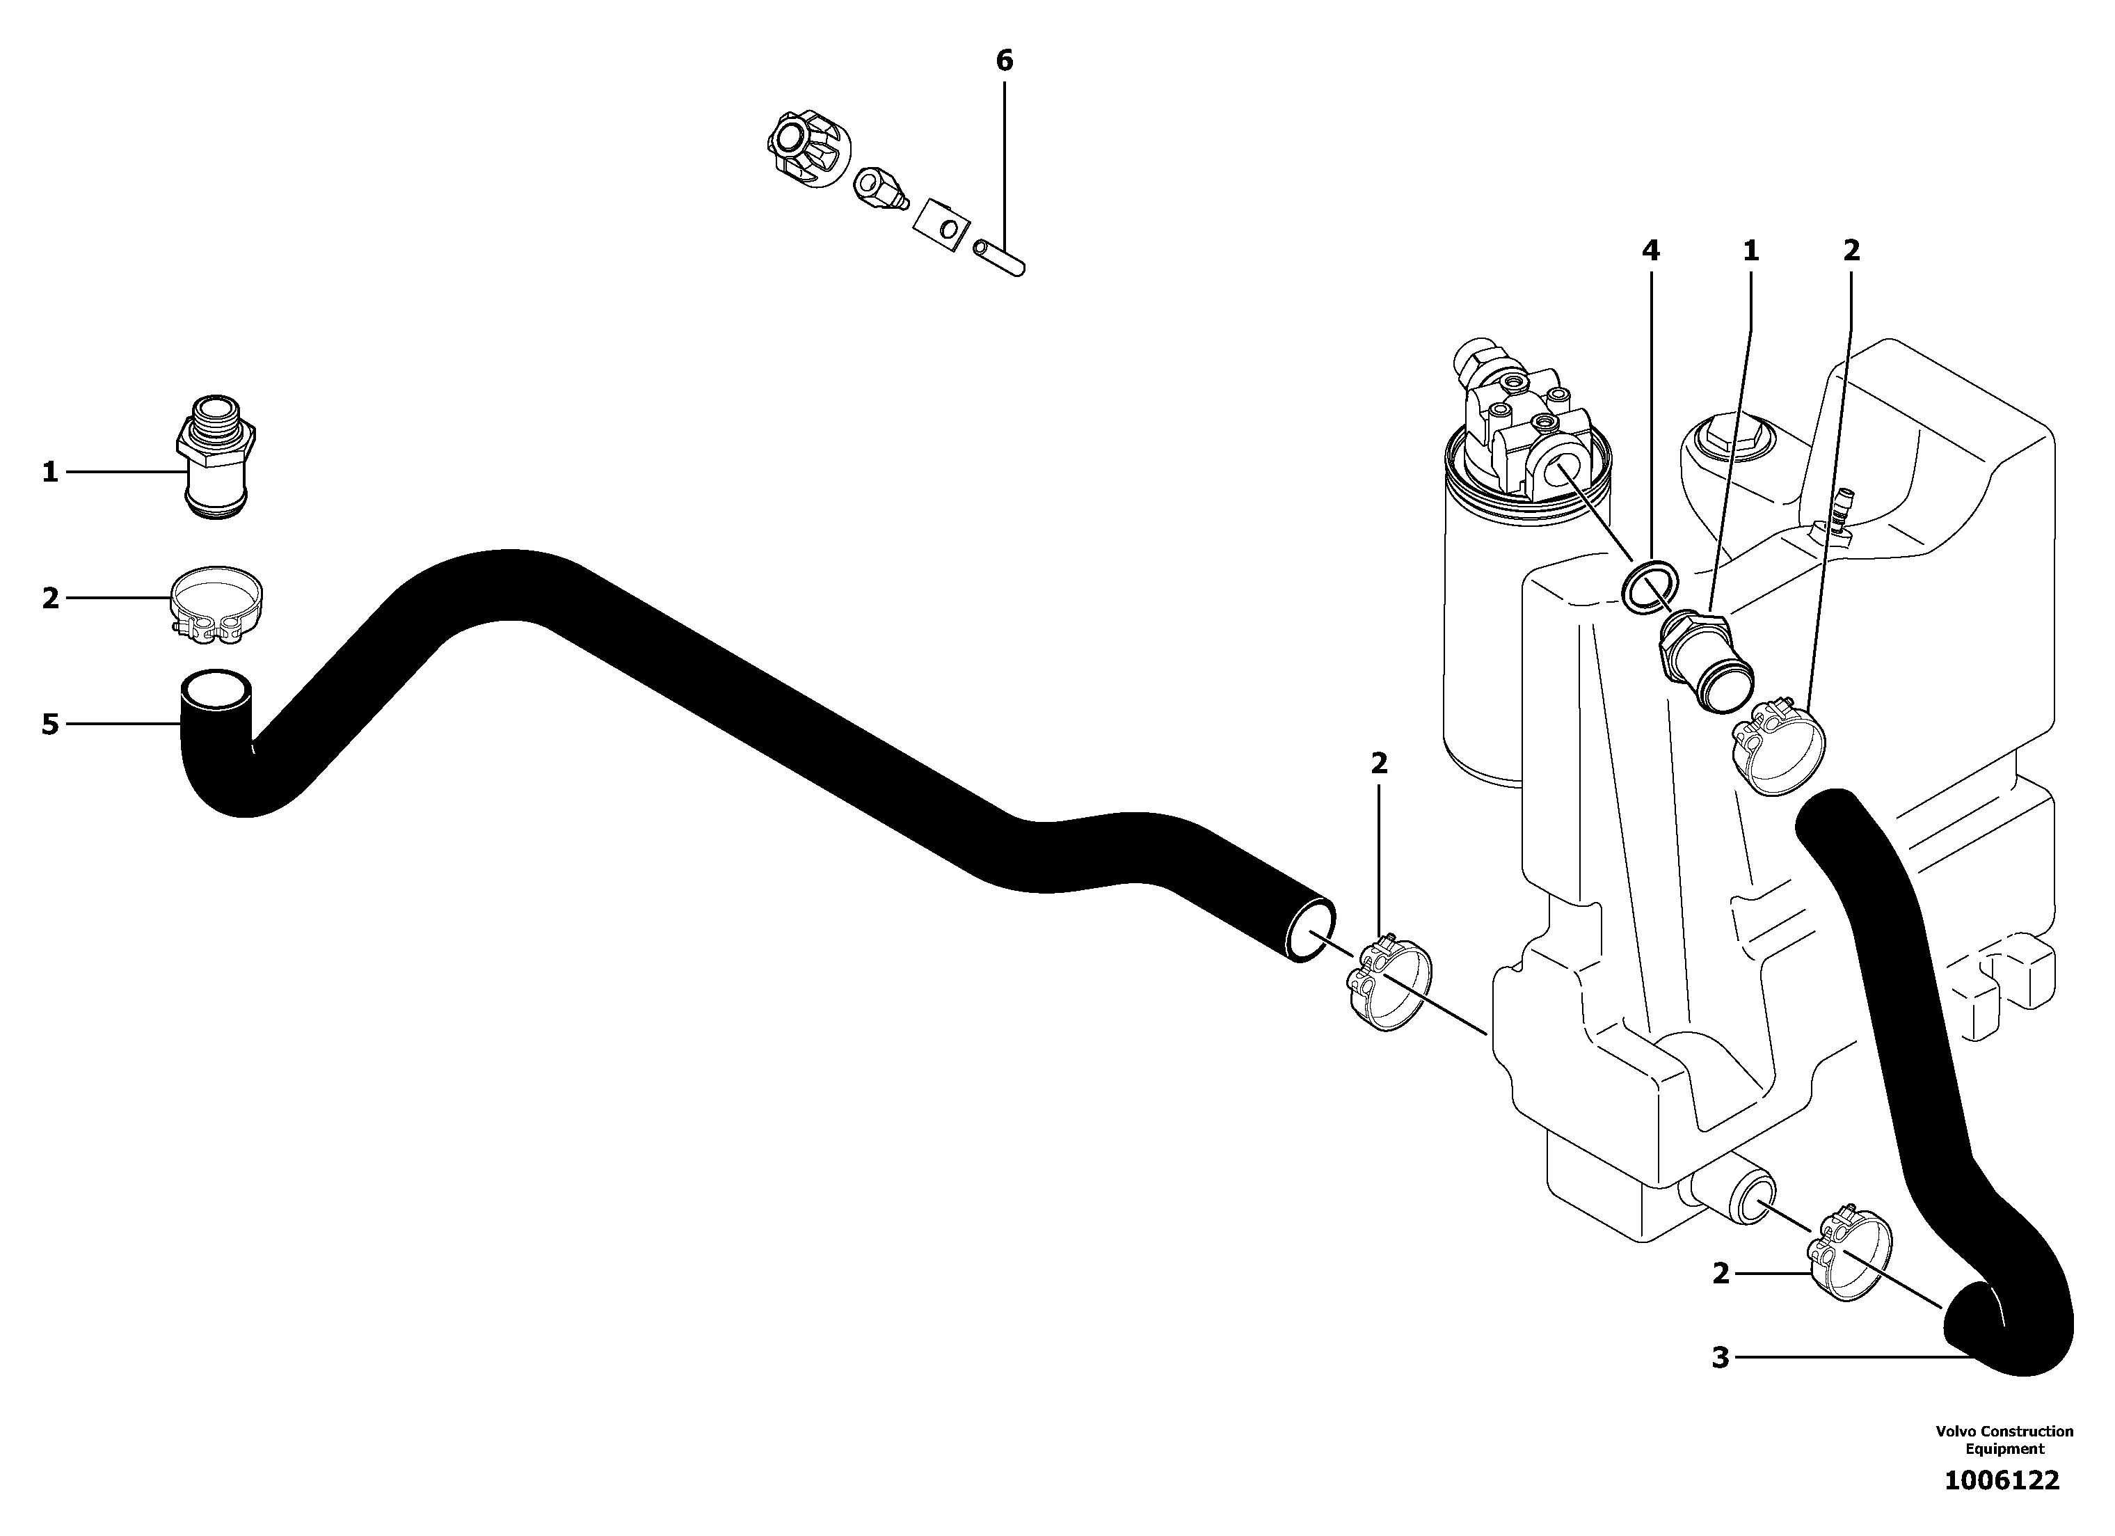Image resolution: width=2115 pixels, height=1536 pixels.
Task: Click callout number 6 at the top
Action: point(1003,61)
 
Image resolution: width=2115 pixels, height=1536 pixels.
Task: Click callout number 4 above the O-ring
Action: point(1650,250)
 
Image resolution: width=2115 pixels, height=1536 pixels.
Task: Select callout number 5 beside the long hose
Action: point(50,724)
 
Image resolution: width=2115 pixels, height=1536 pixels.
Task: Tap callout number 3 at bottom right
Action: point(1721,1357)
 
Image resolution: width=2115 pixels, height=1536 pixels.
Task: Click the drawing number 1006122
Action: point(2001,1480)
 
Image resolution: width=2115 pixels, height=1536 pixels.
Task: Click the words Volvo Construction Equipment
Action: point(2003,1440)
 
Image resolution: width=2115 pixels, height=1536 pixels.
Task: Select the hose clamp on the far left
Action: point(216,605)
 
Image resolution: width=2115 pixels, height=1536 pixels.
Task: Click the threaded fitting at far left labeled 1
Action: point(216,457)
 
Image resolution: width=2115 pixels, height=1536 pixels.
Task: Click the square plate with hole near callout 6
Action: point(940,225)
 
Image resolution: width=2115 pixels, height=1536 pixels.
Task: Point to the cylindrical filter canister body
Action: point(1478,653)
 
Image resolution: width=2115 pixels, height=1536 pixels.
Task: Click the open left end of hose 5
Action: point(216,692)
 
